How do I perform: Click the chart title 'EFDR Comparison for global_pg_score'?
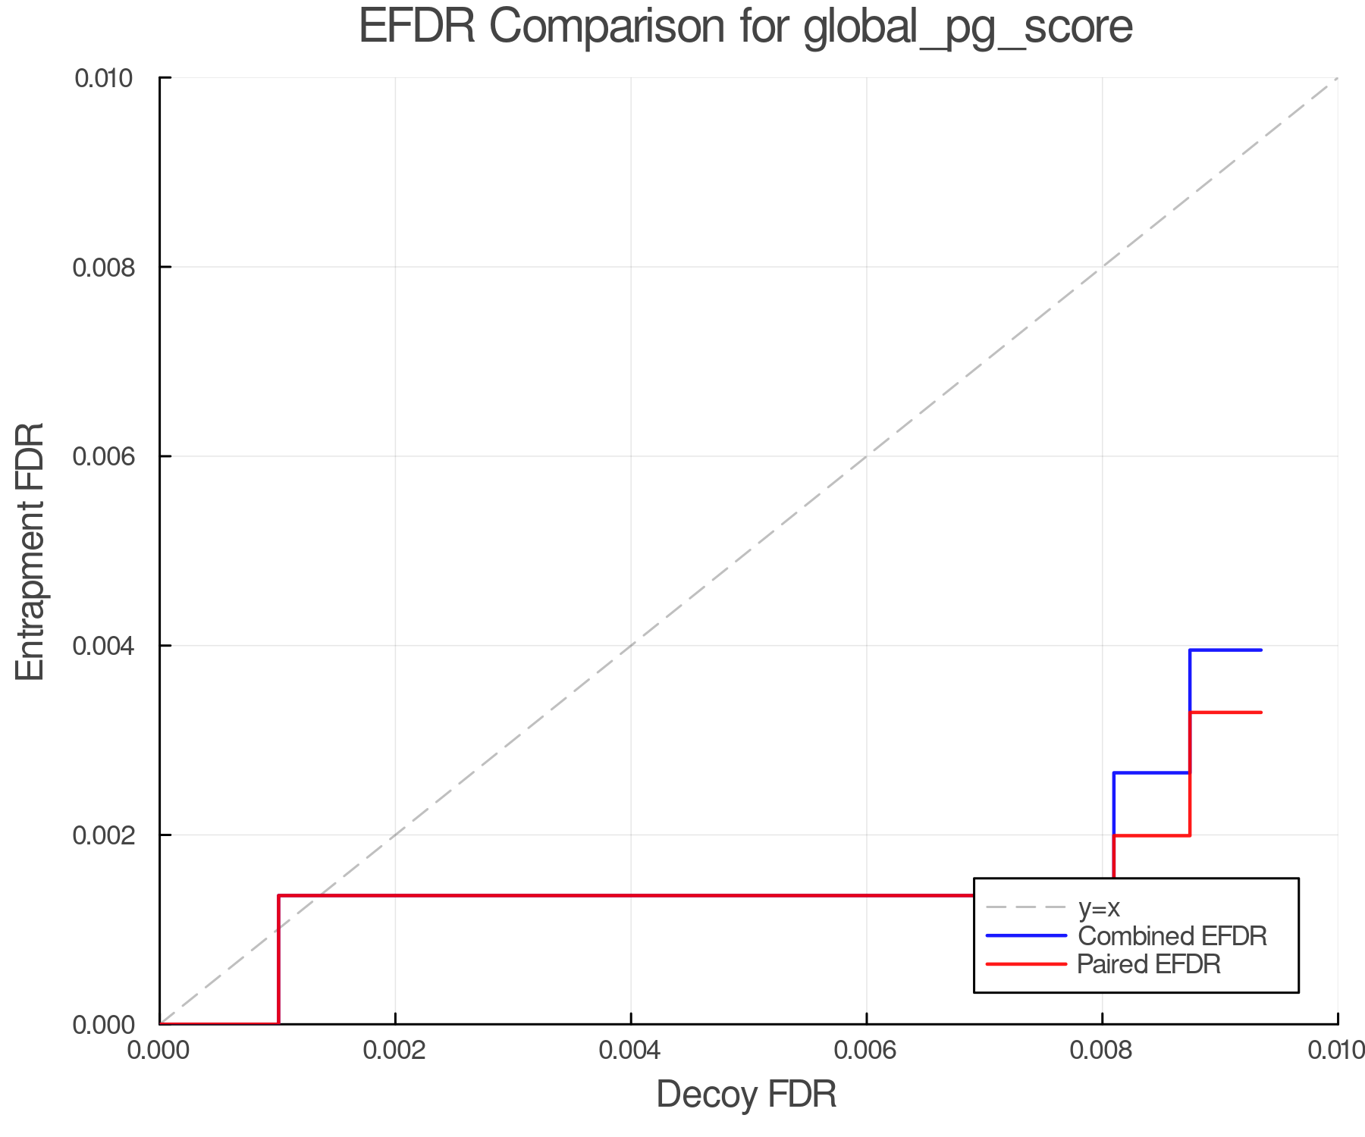745,27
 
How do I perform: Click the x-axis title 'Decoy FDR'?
746,1095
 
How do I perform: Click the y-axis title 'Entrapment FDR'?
31,551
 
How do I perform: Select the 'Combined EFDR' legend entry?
1172,936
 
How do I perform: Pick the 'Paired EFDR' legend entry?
1148,964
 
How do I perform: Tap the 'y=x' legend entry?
1099,908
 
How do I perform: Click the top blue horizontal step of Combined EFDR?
1225,650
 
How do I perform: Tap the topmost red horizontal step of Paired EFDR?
1225,713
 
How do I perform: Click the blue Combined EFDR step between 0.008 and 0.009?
1151,772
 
